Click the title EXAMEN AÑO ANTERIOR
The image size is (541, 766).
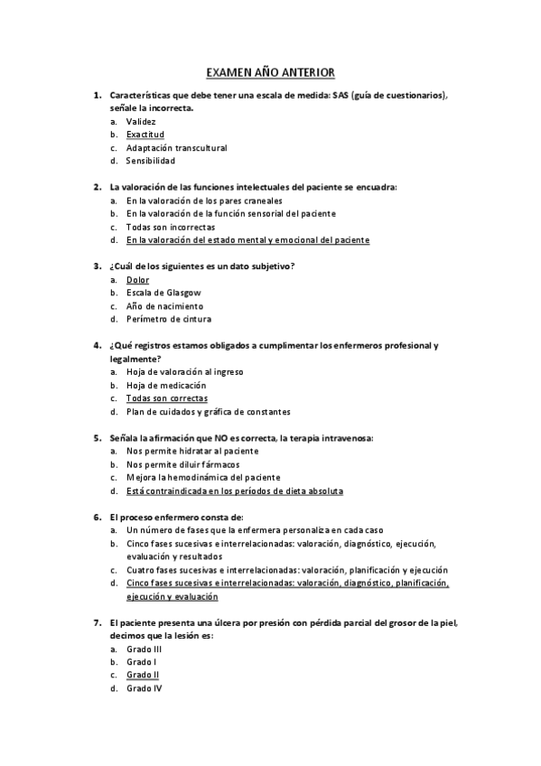[x=270, y=70]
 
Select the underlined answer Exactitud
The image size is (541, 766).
[x=145, y=135]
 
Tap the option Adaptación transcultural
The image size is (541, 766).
[x=176, y=147]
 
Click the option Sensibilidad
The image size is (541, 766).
[x=151, y=161]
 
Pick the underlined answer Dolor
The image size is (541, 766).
[x=137, y=280]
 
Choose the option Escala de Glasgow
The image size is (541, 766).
[x=163, y=293]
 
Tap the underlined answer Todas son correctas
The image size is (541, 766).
[x=167, y=398]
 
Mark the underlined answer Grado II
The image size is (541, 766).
[x=143, y=675]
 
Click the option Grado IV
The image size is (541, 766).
[x=144, y=688]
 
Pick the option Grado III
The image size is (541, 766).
[x=144, y=649]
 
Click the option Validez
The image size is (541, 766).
[x=141, y=121]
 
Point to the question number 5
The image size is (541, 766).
[x=97, y=438]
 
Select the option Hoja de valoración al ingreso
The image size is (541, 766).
[x=184, y=371]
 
